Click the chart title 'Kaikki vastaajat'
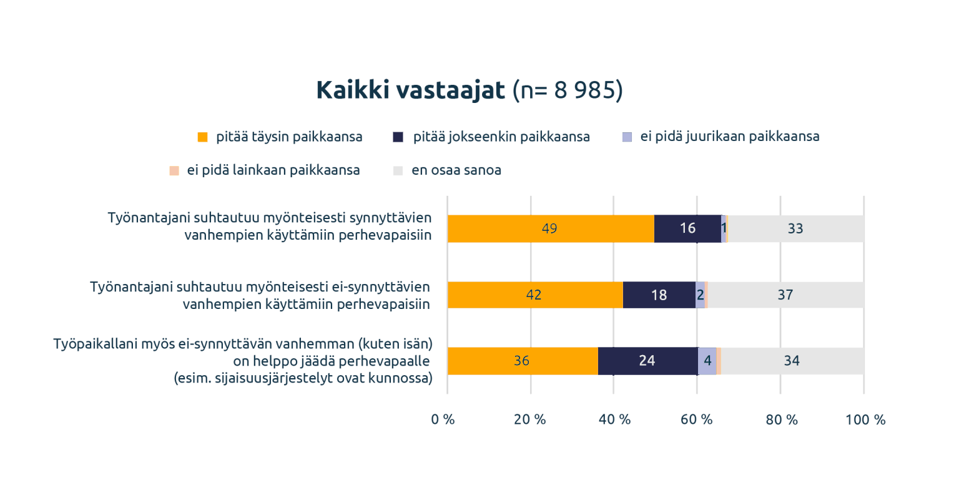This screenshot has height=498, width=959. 410,90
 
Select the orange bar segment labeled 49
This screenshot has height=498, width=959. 550,229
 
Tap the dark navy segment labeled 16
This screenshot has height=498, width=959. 687,229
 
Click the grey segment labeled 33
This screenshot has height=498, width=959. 795,229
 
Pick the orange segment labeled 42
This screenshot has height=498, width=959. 534,295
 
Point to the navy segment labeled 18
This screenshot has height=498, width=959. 659,295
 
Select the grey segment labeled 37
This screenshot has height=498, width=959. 785,295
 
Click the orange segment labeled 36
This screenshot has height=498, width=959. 522,361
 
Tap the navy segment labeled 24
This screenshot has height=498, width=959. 647,361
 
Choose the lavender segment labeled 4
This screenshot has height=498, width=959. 707,361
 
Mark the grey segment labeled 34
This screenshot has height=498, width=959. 792,361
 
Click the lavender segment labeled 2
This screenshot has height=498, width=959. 701,295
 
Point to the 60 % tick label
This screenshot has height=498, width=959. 696,420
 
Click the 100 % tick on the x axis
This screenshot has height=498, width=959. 865,420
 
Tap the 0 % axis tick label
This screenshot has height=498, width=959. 443,420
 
